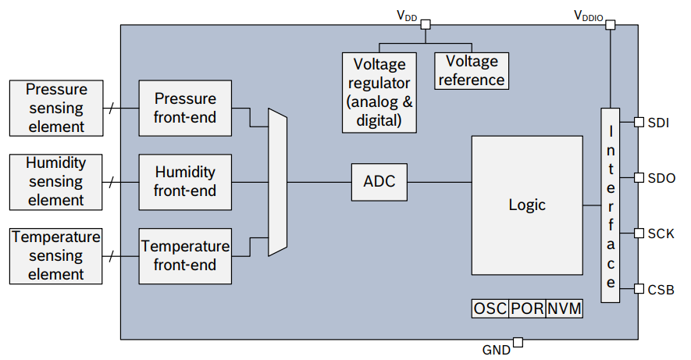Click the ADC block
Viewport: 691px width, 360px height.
pyautogui.click(x=379, y=182)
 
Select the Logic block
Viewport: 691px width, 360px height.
pyautogui.click(x=527, y=205)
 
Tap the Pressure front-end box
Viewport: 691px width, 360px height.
pyautogui.click(x=185, y=109)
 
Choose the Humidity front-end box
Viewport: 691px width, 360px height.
pyautogui.click(x=185, y=182)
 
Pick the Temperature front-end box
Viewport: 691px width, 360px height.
pyautogui.click(x=185, y=255)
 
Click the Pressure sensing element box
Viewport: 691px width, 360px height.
pyautogui.click(x=55, y=108)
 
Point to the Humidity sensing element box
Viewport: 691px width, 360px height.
pyautogui.click(x=55, y=182)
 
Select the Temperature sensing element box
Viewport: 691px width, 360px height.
pyautogui.click(x=55, y=255)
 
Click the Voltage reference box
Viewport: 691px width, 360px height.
pyautogui.click(x=472, y=71)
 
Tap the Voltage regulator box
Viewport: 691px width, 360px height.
pyautogui.click(x=379, y=91)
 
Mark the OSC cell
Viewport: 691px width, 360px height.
pyautogui.click(x=490, y=308)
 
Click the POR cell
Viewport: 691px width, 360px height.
pyautogui.click(x=527, y=308)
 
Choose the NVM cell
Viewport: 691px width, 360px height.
pyautogui.click(x=565, y=308)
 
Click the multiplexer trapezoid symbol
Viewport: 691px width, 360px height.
pyautogui.click(x=278, y=182)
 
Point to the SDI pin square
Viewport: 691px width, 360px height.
pyautogui.click(x=639, y=123)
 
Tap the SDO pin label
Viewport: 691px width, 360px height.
pyautogui.click(x=661, y=178)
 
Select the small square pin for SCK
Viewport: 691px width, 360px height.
pyautogui.click(x=639, y=233)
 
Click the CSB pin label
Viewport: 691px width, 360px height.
pyautogui.click(x=661, y=289)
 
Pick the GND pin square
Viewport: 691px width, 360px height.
pyautogui.click(x=518, y=342)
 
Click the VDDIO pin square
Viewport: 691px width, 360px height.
pyautogui.click(x=611, y=25)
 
